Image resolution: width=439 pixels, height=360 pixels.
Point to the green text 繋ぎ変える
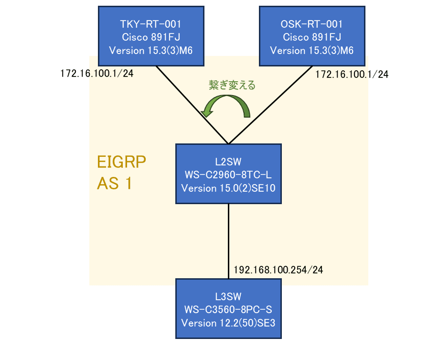coord(232,86)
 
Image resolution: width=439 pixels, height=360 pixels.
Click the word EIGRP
coord(121,163)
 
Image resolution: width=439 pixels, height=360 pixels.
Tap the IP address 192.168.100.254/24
coord(278,270)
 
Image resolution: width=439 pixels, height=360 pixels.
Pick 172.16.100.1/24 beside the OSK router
coord(352,74)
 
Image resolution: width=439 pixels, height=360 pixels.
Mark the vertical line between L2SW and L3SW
coord(229,241)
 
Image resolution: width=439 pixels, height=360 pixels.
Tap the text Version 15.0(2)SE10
coord(229,188)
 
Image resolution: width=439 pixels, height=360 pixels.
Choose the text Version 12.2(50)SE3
coord(229,323)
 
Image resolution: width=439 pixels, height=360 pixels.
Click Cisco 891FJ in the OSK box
coord(311,37)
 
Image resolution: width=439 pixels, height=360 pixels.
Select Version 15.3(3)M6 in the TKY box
coord(151,50)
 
